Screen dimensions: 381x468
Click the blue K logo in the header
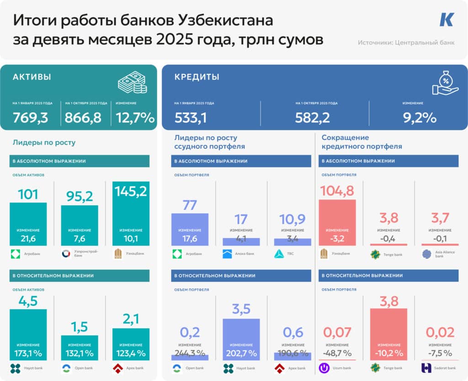pyautogui.click(x=447, y=20)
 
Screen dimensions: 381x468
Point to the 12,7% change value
pyautogui.click(x=135, y=117)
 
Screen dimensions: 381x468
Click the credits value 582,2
pyautogui.click(x=313, y=117)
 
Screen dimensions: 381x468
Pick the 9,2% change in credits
pyautogui.click(x=420, y=117)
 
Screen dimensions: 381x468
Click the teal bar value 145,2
pyautogui.click(x=130, y=191)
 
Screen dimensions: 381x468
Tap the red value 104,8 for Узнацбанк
pyautogui.click(x=337, y=191)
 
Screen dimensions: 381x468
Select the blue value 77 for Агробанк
pyautogui.click(x=190, y=205)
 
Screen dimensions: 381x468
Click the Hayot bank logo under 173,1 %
pyautogui.click(x=16, y=368)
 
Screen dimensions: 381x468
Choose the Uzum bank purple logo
pyautogui.click(x=325, y=368)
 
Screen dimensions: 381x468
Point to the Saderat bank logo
pyautogui.click(x=427, y=368)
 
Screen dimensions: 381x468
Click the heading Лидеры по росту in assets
pyautogui.click(x=44, y=142)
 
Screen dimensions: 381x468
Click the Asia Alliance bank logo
pyautogui.click(x=427, y=254)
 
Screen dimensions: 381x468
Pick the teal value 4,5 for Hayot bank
pyautogui.click(x=28, y=302)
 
